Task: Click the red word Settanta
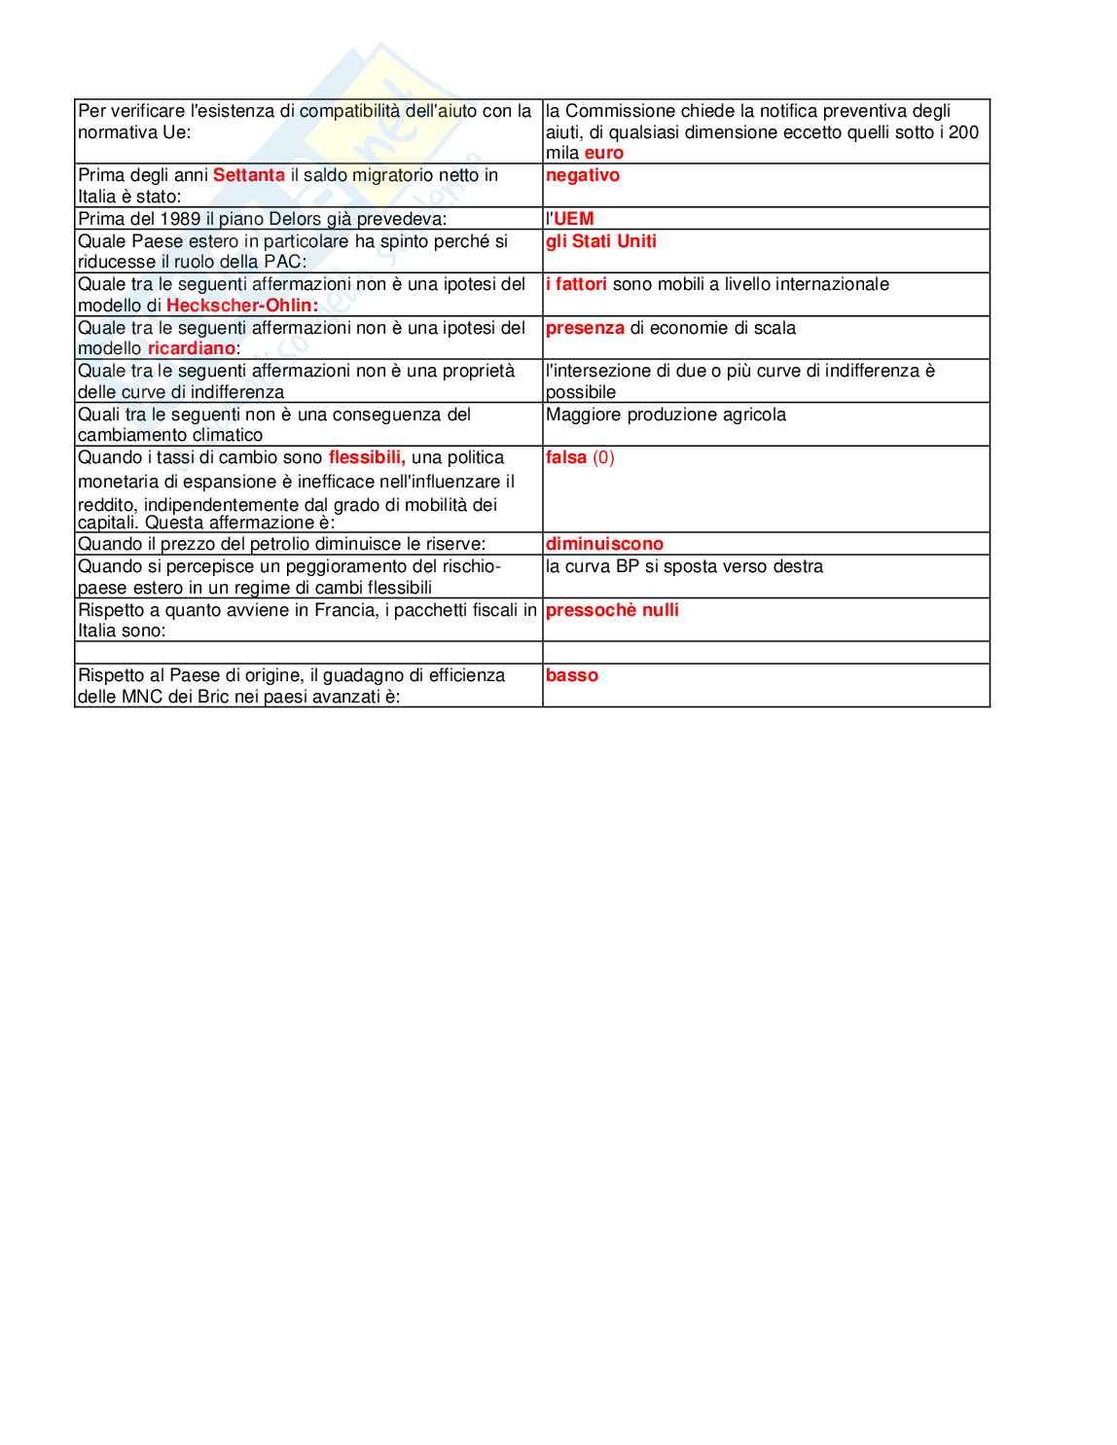[x=248, y=175]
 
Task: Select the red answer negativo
[x=582, y=175]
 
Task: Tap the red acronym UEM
[x=573, y=219]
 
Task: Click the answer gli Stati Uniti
[x=600, y=241]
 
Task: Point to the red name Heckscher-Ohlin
[x=241, y=306]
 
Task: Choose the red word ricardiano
[x=191, y=348]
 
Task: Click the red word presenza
[x=585, y=328]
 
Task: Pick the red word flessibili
[x=366, y=457]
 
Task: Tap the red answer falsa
[x=565, y=457]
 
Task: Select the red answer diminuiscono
[x=604, y=544]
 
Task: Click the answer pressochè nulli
[x=612, y=610]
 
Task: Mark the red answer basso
[x=571, y=675]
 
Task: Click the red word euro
[x=603, y=154]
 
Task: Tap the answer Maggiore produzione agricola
[x=666, y=415]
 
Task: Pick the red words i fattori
[x=576, y=284]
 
